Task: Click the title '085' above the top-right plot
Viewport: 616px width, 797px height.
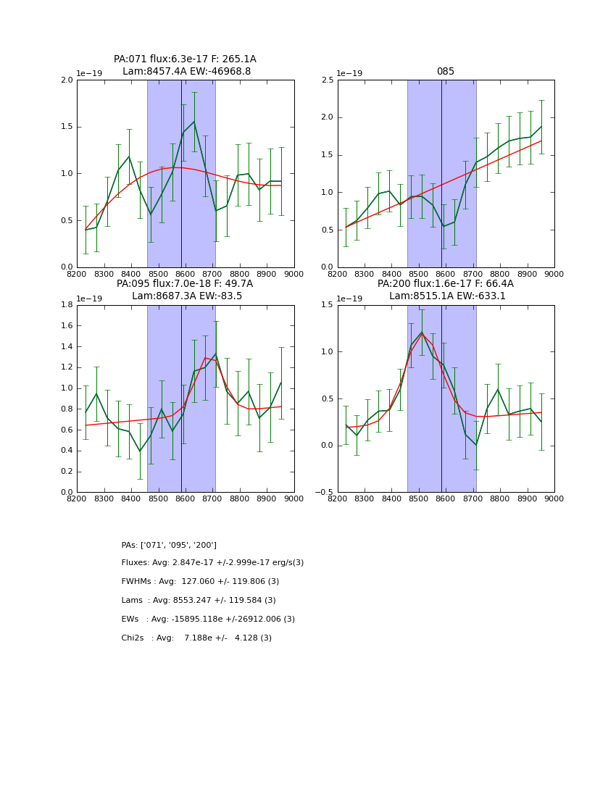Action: tap(445, 72)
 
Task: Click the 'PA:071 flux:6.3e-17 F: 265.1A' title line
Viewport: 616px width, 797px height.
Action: tap(185, 59)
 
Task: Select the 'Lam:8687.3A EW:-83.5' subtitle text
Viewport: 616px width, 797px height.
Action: tap(187, 296)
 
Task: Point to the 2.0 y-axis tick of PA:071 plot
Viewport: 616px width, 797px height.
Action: tap(67, 80)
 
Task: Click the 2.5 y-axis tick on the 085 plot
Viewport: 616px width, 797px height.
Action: tap(327, 80)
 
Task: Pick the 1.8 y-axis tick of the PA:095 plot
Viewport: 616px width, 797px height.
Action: tap(67, 305)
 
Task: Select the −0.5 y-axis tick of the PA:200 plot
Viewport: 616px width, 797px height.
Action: tap(324, 492)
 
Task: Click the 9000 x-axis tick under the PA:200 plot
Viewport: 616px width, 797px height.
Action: tap(554, 498)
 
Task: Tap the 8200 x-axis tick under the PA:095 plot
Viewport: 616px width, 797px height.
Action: tap(77, 498)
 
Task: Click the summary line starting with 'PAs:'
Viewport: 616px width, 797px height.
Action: tap(169, 545)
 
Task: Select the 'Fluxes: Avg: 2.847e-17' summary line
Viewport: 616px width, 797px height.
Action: tap(212, 563)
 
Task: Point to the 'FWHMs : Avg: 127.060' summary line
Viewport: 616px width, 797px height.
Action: tap(200, 582)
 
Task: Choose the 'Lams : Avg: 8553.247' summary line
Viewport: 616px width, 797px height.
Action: tap(199, 601)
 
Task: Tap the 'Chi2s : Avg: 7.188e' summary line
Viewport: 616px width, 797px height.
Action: tap(196, 638)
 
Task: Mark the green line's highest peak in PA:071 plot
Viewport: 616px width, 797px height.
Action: tap(193, 122)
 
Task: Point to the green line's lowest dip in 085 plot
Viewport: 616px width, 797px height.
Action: tap(444, 226)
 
